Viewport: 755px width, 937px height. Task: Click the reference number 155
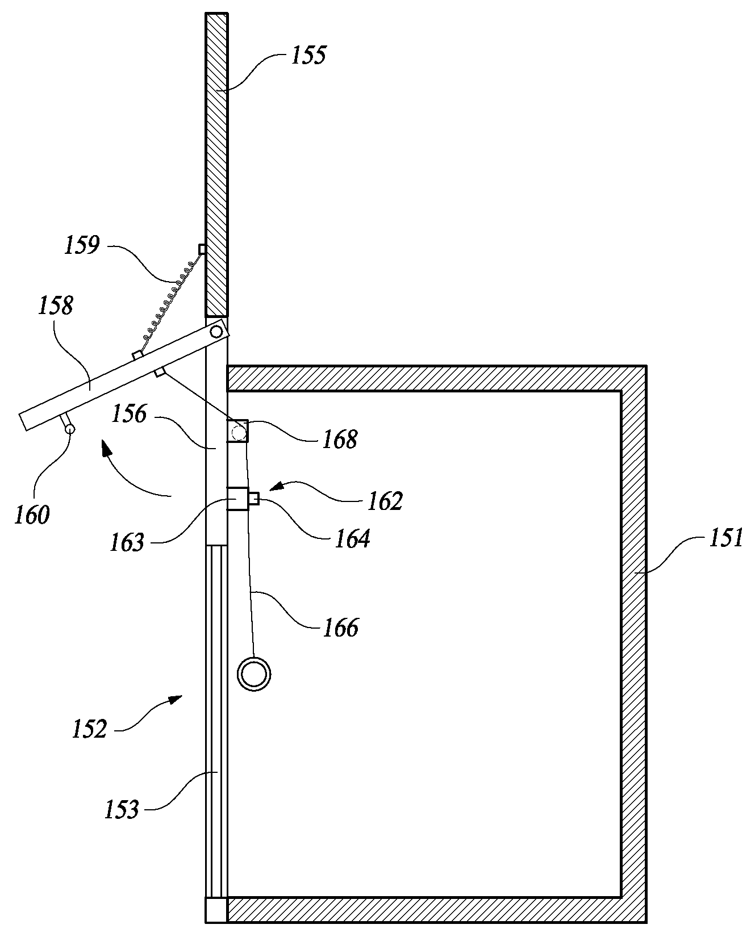coord(308,56)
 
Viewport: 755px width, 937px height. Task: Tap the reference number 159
coord(82,245)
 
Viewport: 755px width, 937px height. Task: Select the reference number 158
coord(56,306)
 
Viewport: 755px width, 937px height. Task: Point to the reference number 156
coord(129,414)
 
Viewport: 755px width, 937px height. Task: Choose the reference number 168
coord(340,440)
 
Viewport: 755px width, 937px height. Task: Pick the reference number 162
coord(385,501)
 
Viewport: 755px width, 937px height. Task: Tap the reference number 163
coord(128,543)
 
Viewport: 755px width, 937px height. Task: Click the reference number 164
coord(352,538)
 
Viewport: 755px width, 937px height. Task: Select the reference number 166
coord(341,627)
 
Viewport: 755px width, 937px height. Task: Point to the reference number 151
coord(725,537)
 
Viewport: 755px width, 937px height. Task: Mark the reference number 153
coord(122,809)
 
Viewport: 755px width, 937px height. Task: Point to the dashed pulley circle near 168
coord(239,433)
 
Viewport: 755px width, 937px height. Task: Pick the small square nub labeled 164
coord(254,499)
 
